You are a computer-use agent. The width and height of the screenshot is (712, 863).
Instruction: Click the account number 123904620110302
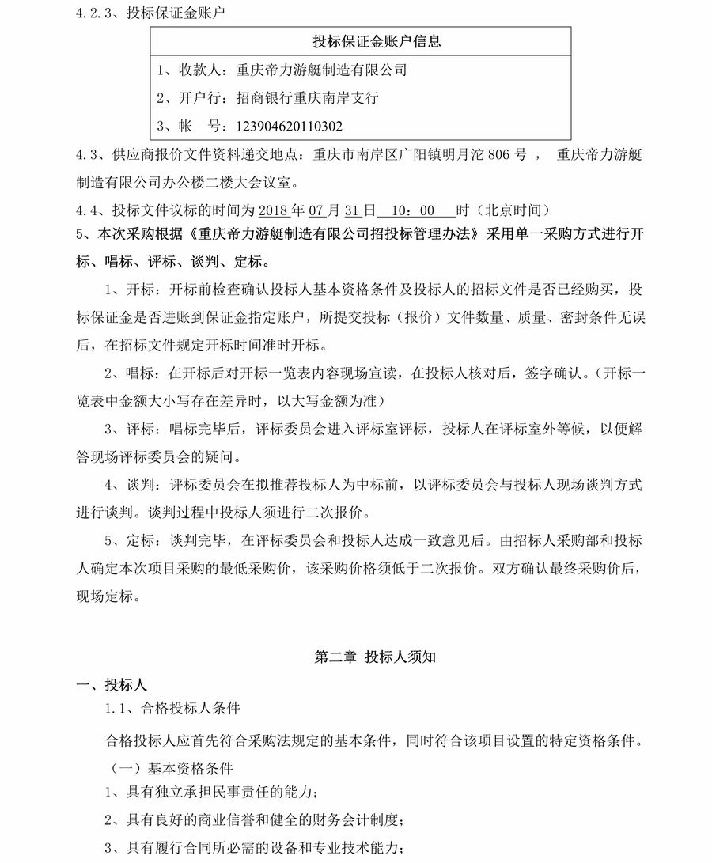[285, 126]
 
